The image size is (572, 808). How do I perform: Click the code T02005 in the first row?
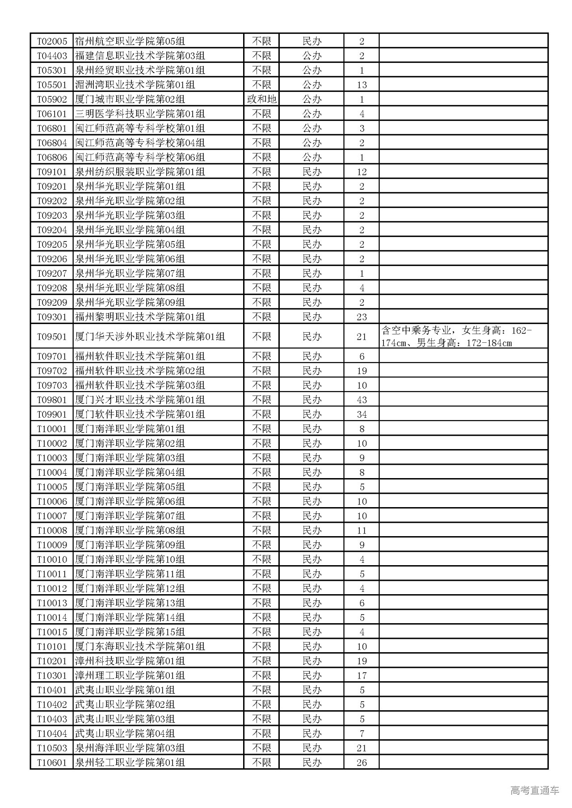coord(52,42)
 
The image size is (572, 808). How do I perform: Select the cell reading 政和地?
coord(261,99)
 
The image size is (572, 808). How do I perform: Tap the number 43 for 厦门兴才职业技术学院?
coord(362,400)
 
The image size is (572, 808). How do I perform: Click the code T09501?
coord(52,337)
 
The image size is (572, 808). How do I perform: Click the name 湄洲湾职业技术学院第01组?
coord(135,85)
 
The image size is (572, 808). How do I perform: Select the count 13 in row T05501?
coord(362,85)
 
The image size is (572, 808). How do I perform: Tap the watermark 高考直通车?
coord(534,790)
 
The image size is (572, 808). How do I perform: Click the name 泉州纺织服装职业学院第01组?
coord(140,172)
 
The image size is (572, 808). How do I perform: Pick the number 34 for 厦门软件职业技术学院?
coord(362,414)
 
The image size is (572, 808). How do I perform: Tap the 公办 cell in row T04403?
coord(312,56)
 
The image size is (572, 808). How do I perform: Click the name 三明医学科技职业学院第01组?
coord(140,114)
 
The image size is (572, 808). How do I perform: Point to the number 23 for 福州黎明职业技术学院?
coord(362,317)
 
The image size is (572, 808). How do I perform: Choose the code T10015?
coord(52,632)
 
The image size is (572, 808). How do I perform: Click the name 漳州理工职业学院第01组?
coord(130,675)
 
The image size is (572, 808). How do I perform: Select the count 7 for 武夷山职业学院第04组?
coord(362,733)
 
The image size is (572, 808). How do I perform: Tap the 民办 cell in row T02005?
coord(312,42)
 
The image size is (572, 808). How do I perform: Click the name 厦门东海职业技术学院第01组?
coord(140,646)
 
